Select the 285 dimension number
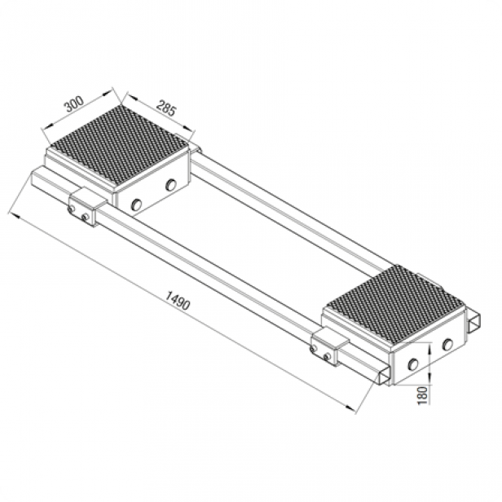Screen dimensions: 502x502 166,109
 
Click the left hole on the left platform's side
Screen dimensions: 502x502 136,203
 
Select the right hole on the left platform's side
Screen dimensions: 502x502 170,185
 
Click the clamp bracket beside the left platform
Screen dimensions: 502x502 83,207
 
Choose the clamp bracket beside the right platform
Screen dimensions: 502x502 328,348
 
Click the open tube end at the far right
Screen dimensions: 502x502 473,324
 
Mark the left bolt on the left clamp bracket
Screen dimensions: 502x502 73,209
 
